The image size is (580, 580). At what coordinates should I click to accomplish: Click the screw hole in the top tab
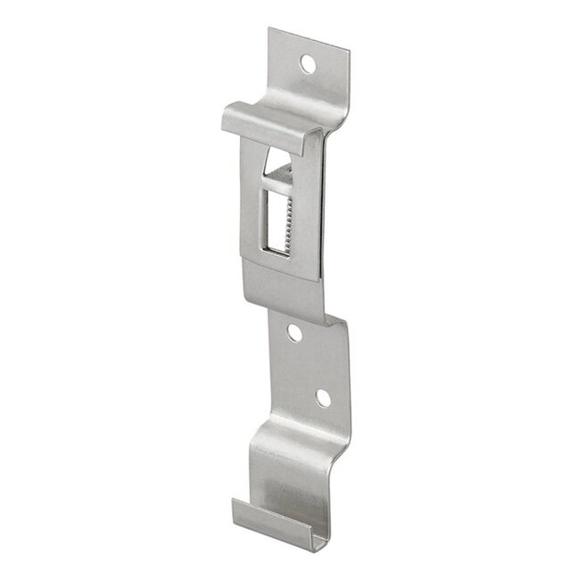pos(307,63)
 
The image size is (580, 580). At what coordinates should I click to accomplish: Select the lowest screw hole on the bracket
pos(323,398)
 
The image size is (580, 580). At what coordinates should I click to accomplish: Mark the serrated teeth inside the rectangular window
pos(288,218)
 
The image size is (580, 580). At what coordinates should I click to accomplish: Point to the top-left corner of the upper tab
pos(269,30)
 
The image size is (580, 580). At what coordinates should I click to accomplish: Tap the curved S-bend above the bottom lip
pos(294,464)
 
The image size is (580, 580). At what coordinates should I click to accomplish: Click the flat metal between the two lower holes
pos(309,366)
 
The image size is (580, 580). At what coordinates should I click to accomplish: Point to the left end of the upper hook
pos(225,116)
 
